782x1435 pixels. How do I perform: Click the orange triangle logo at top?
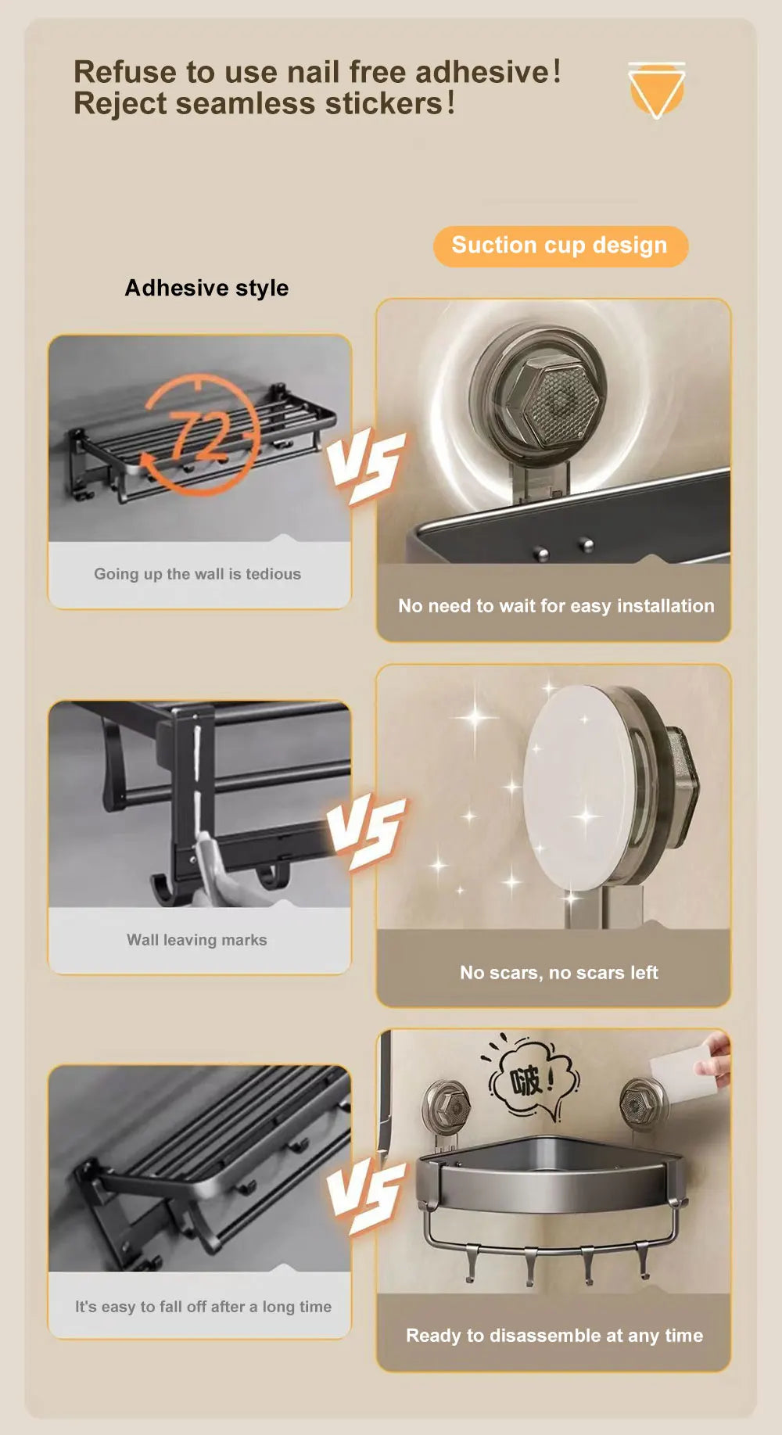pyautogui.click(x=657, y=90)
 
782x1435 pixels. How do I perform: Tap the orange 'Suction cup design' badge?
pyautogui.click(x=561, y=246)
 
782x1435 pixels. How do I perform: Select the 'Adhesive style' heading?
pyautogui.click(x=206, y=288)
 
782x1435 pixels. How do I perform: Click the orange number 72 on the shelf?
pyautogui.click(x=201, y=436)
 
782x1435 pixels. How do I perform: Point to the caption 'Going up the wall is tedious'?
pyautogui.click(x=197, y=574)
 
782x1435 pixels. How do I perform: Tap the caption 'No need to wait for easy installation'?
pyautogui.click(x=556, y=606)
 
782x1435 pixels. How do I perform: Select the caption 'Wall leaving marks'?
pyautogui.click(x=197, y=940)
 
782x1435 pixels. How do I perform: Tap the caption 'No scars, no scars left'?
pyautogui.click(x=559, y=973)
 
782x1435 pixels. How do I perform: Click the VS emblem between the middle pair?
pyautogui.click(x=366, y=832)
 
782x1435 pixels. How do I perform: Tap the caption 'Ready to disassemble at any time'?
pyautogui.click(x=554, y=1336)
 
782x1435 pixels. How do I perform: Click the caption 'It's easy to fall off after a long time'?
pyautogui.click(x=203, y=1307)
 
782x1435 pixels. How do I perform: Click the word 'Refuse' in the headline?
pyautogui.click(x=125, y=72)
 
